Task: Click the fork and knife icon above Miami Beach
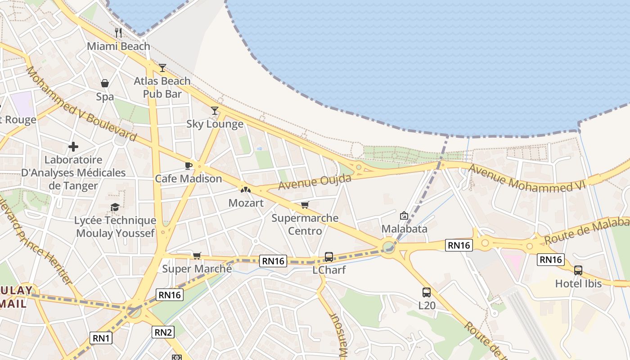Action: point(118,32)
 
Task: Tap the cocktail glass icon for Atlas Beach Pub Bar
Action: point(162,68)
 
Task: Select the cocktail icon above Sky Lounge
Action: point(215,110)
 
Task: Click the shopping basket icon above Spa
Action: point(105,83)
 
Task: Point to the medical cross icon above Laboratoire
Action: point(73,147)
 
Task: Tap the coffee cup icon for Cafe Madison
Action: point(189,166)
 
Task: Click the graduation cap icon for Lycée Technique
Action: point(115,207)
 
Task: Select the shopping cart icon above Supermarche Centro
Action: point(305,205)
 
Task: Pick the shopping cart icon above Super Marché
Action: point(197,256)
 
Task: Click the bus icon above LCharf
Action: point(329,257)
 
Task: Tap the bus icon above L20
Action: point(427,292)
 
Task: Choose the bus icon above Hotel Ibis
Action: point(578,270)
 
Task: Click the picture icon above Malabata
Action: point(404,216)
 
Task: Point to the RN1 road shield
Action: point(101,338)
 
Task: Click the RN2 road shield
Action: point(163,332)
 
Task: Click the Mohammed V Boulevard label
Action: point(81,103)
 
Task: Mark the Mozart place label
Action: point(246,203)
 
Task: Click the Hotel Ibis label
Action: point(578,283)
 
